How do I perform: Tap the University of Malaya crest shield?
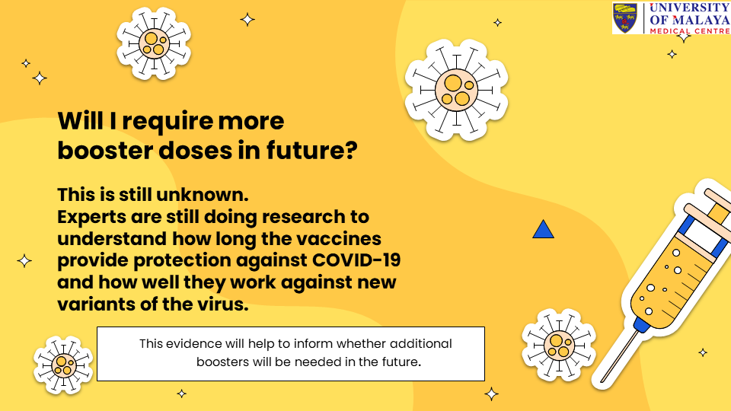(624, 18)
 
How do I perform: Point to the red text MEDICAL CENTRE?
(690, 30)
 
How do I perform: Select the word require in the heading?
(167, 122)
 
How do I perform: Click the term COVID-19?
(356, 260)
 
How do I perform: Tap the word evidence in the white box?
(193, 344)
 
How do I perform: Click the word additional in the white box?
(421, 344)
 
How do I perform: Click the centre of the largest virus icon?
(456, 90)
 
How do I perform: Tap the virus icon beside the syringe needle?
(559, 345)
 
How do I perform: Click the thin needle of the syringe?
(618, 355)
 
